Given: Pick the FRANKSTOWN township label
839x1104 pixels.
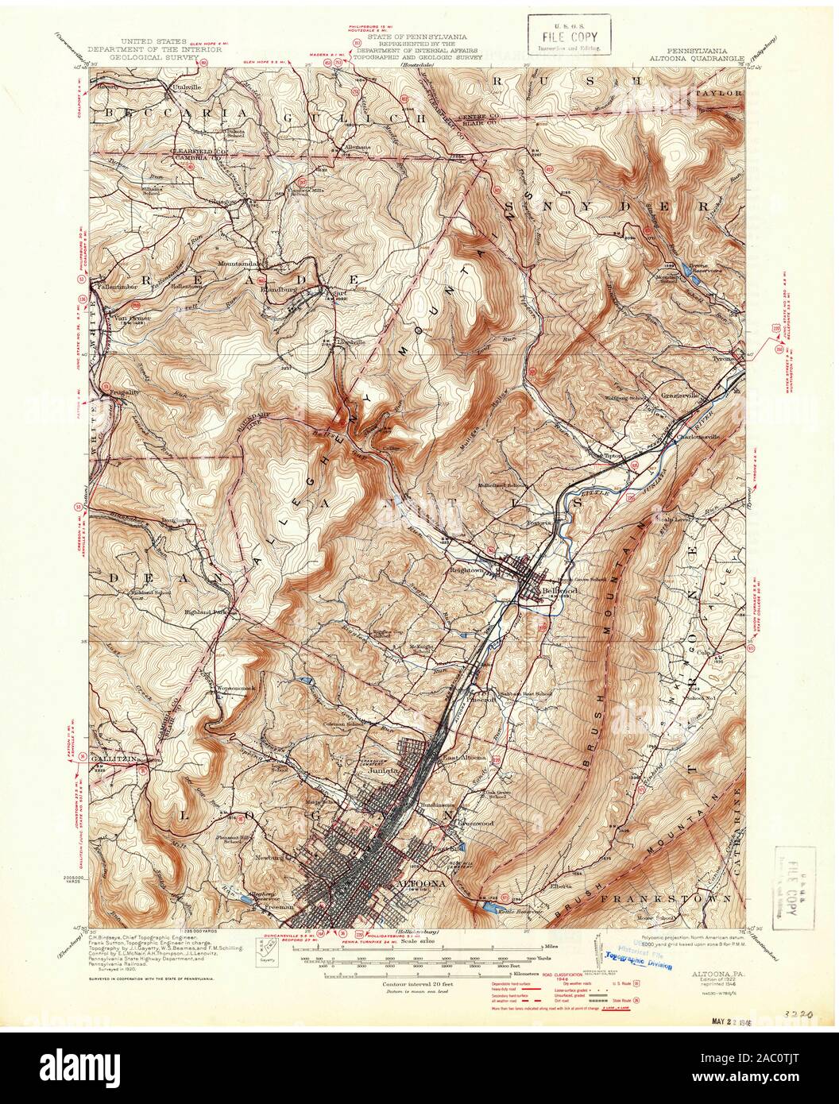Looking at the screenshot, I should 667,898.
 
